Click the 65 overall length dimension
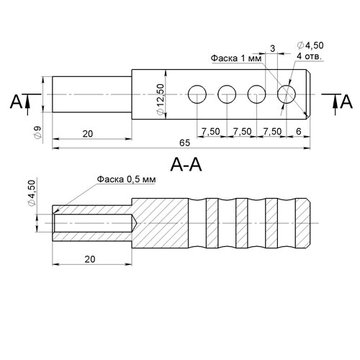[184, 143]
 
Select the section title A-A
[186, 165]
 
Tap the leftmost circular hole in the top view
[197, 94]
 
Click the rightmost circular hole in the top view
[287, 94]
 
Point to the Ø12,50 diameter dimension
[160, 99]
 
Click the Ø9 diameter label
[38, 132]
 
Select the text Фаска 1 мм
[236, 58]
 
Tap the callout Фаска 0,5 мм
[126, 179]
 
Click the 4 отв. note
[310, 56]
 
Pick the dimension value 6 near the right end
[298, 131]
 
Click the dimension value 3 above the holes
[273, 49]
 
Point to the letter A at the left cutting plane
[16, 102]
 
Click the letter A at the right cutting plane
[346, 102]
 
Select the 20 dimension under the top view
[88, 134]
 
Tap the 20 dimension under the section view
[90, 259]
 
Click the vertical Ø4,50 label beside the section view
[32, 193]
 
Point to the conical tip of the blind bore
[137, 223]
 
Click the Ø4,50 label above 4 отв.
[310, 45]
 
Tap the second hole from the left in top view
[227, 94]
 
